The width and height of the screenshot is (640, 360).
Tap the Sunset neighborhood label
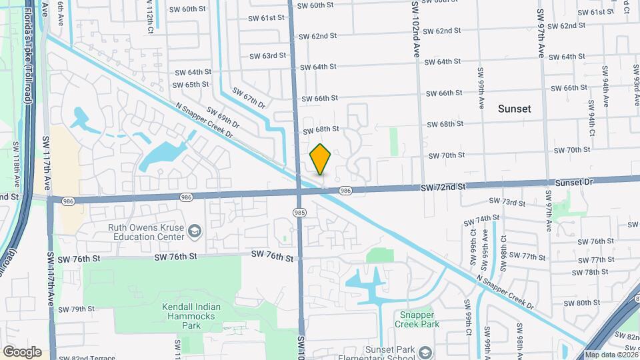515,109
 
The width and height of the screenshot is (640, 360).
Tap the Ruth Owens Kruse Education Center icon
194,231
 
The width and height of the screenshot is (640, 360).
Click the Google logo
22,352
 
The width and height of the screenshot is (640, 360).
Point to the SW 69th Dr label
223,117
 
